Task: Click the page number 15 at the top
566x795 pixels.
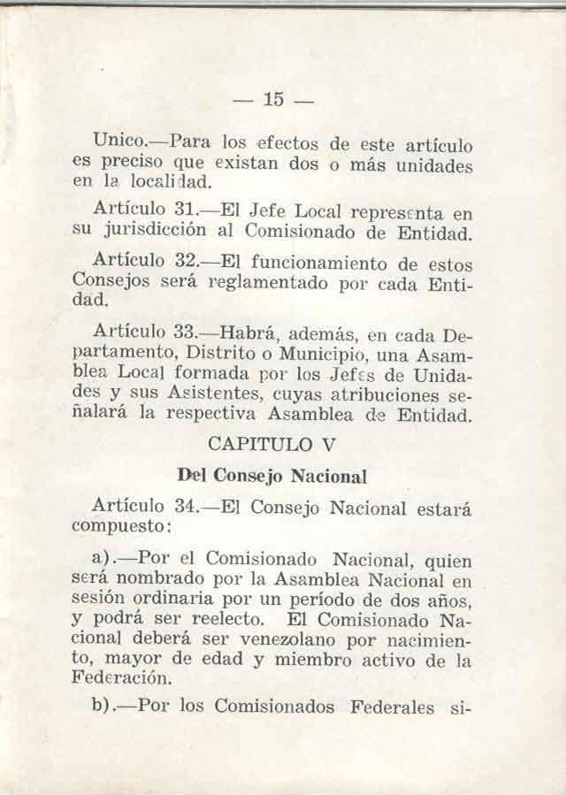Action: [x=272, y=100]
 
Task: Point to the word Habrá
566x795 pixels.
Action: [x=247, y=335]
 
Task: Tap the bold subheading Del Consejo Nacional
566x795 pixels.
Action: [x=272, y=476]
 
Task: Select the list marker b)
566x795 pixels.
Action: [x=103, y=707]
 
